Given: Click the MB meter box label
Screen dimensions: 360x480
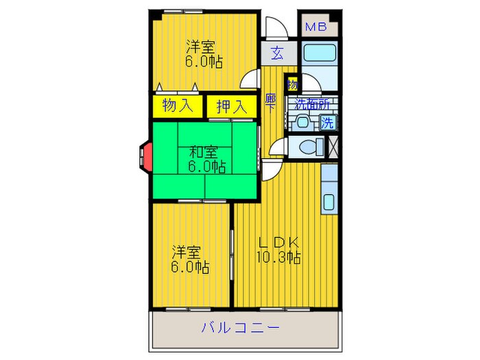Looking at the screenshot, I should point(315,27).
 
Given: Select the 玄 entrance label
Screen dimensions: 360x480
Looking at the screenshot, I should point(276,53).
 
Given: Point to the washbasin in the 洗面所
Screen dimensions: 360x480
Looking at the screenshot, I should point(302,123).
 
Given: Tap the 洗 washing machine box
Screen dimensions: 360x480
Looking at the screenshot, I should point(328,123).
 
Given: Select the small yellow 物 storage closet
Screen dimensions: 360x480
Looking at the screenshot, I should point(293,85).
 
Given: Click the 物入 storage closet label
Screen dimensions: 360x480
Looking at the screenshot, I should point(176,106).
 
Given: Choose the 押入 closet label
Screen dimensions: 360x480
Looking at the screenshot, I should point(231,106).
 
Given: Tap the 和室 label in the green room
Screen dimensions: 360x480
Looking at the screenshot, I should point(204,152).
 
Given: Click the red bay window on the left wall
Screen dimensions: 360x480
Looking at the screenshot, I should point(145,156).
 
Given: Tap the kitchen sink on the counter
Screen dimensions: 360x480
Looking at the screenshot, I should point(328,202).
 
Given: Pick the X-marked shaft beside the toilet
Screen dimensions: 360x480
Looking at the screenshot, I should point(334,146).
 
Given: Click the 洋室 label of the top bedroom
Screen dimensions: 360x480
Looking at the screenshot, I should point(200,47).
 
